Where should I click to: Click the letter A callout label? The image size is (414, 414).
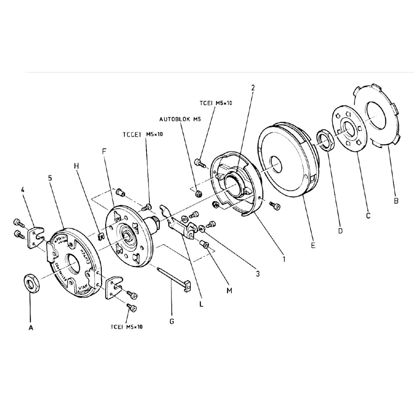click(x=31, y=328)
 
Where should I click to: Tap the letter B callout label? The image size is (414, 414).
click(x=396, y=200)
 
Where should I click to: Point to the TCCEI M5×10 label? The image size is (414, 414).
click(x=142, y=135)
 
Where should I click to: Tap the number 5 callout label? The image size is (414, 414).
click(x=50, y=179)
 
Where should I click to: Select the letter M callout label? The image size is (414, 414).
click(x=229, y=290)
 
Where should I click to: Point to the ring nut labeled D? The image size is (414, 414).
click(x=325, y=139)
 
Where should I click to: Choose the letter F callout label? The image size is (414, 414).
click(x=104, y=151)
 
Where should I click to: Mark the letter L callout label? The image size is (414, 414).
click(x=201, y=305)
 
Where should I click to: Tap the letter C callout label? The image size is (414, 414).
click(x=368, y=216)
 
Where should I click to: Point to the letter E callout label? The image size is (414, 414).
click(x=313, y=245)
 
